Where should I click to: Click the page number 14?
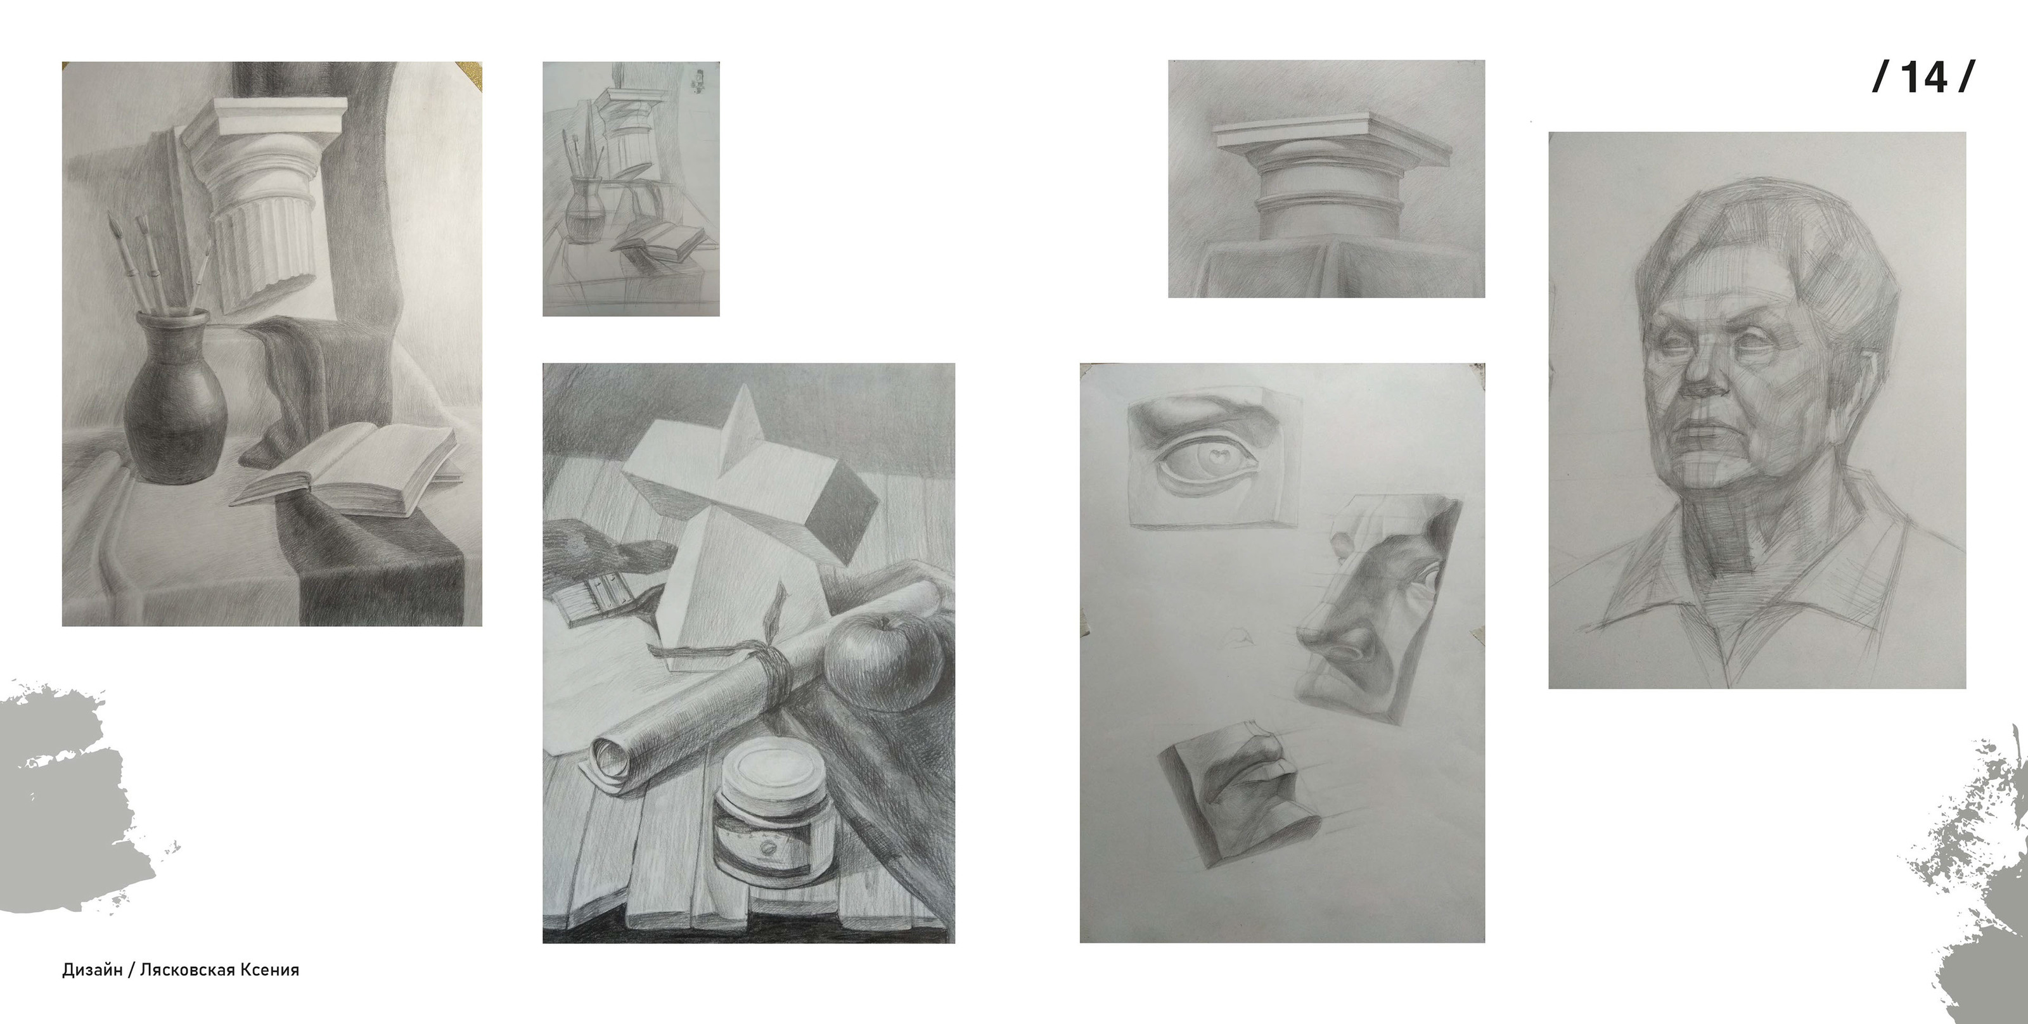pos(1923,77)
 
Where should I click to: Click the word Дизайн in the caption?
pos(92,970)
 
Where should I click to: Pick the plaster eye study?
pos(1212,456)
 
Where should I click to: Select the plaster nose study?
pos(1378,610)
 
